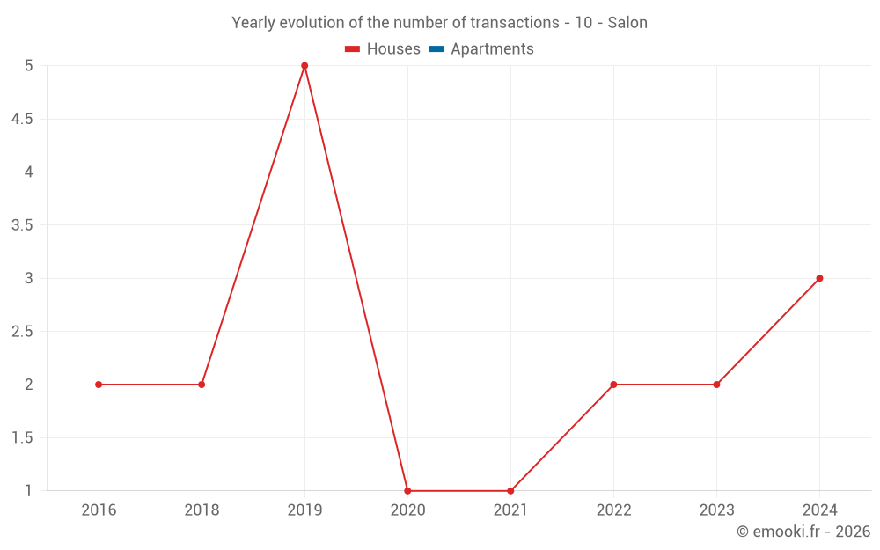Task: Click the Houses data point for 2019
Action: point(304,66)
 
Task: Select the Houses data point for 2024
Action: point(819,278)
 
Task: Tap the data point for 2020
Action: point(407,491)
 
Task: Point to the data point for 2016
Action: point(99,385)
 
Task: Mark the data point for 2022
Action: point(613,385)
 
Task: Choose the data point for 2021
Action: point(510,491)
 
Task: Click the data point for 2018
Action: point(202,385)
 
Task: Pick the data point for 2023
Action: point(716,385)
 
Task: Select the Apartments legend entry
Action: point(492,49)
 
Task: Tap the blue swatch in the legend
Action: point(436,49)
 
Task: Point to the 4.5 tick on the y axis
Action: point(22,119)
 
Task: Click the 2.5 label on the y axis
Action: point(22,332)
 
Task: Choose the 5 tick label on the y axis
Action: point(28,66)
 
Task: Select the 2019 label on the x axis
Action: point(304,510)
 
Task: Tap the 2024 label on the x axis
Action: point(819,510)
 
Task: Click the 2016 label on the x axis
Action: point(99,510)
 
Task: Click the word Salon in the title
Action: point(627,23)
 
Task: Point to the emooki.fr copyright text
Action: point(803,532)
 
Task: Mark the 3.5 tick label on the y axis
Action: point(22,225)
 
